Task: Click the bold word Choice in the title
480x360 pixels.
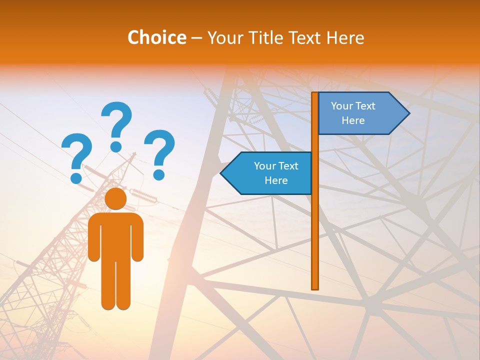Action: click(156, 37)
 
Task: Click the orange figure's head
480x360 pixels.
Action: click(115, 198)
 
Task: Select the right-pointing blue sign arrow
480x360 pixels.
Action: click(360, 113)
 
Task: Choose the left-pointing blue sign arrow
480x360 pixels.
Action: click(267, 173)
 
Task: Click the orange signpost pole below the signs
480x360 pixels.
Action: click(315, 240)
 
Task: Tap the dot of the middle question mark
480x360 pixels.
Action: click(116, 146)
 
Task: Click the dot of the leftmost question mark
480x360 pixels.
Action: click(76, 177)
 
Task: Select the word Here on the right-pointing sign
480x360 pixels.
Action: click(353, 120)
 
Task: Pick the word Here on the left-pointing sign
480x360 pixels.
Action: click(276, 180)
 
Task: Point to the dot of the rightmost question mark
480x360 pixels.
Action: click(159, 174)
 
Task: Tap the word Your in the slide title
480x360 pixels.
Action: click(223, 37)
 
